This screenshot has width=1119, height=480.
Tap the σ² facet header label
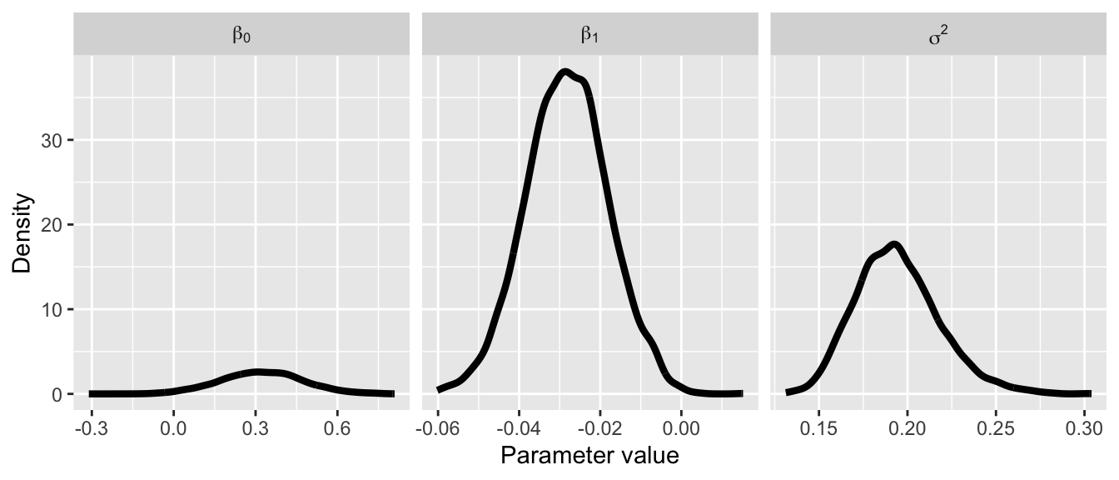pos(937,36)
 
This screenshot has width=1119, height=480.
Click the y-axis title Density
pos(23,233)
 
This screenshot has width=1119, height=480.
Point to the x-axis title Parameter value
pos(589,456)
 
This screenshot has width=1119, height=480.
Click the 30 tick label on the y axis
pos(51,140)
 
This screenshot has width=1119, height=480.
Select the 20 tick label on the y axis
pos(51,225)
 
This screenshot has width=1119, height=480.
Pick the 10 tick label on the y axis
pos(51,309)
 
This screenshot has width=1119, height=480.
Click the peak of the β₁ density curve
pos(565,72)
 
